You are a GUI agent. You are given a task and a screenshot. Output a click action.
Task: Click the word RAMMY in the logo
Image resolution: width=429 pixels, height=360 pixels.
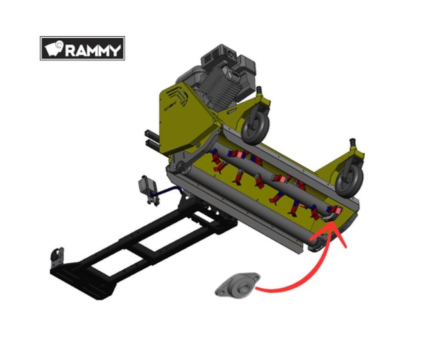click(93, 50)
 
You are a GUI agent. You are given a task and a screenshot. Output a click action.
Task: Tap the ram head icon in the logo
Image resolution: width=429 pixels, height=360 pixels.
click(54, 48)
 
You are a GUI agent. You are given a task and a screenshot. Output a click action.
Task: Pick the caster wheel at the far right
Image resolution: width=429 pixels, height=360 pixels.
click(349, 180)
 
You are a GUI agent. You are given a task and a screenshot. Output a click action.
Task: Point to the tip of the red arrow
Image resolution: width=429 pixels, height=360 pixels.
click(332, 222)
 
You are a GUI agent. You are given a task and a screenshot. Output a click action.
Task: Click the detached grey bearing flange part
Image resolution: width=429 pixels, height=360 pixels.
click(237, 285)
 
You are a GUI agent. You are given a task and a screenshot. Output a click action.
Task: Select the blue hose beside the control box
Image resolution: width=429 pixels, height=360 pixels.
click(167, 191)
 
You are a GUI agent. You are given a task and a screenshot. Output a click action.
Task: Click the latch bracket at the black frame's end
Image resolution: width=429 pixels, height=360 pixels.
click(58, 257)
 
